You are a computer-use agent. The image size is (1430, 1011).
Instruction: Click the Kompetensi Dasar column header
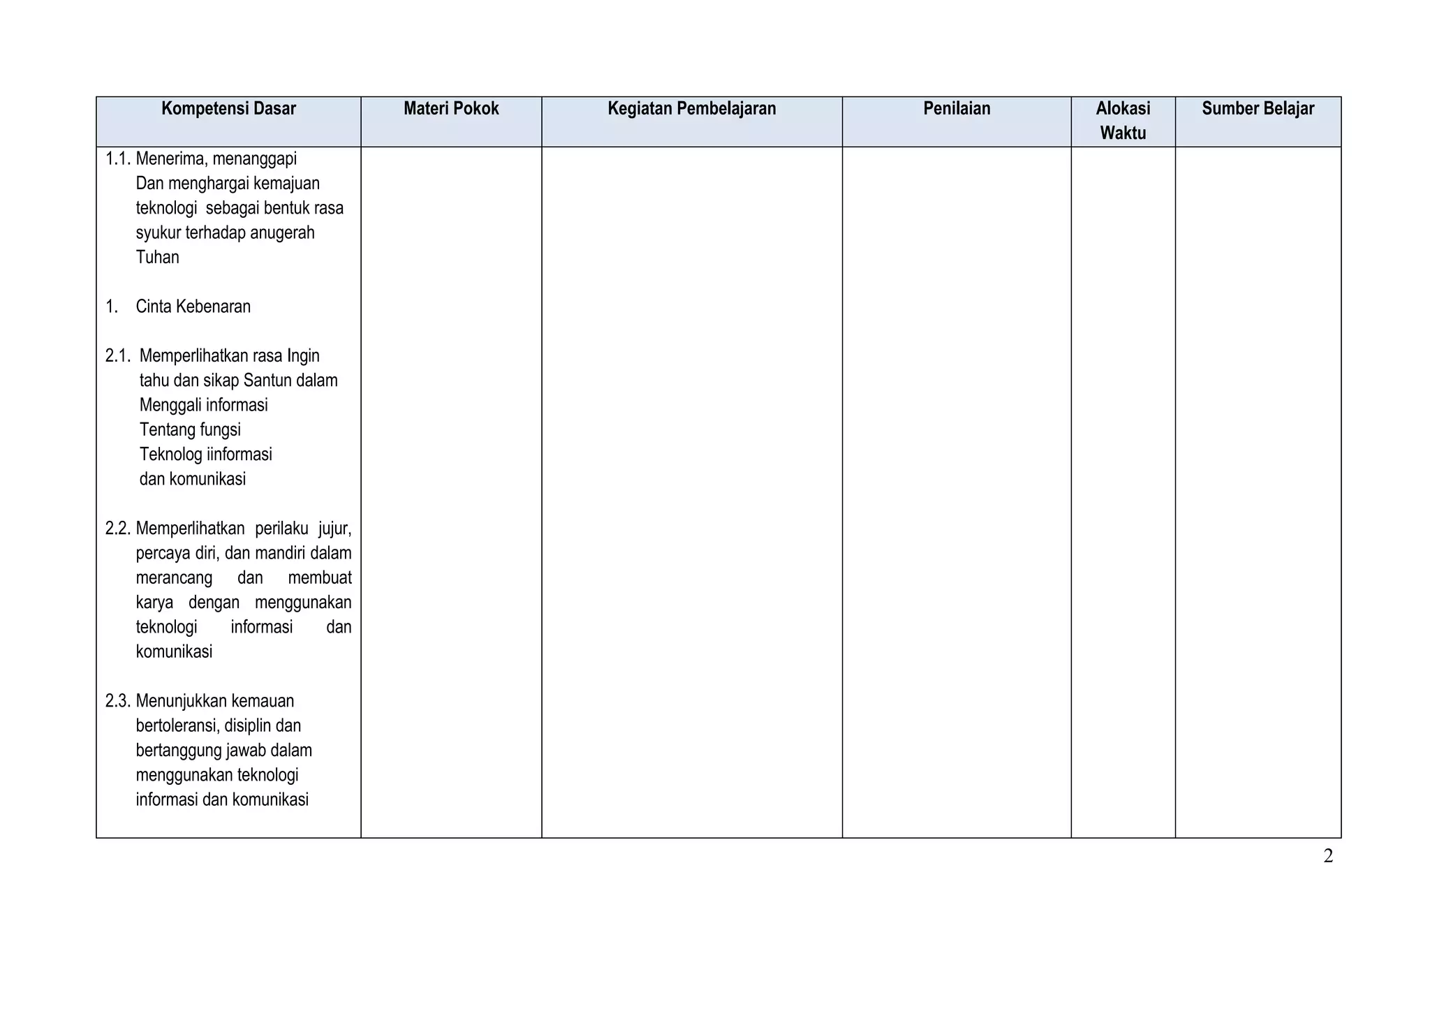pyautogui.click(x=228, y=109)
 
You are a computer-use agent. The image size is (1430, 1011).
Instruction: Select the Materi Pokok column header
pyautogui.click(x=451, y=109)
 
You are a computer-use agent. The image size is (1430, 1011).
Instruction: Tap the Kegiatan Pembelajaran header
pyautogui.click(x=691, y=109)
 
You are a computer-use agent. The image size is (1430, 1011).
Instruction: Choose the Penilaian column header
pyautogui.click(x=957, y=109)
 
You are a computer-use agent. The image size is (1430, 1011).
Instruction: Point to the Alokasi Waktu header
pyautogui.click(x=1123, y=121)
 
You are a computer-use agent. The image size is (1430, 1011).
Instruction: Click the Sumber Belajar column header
pyautogui.click(x=1258, y=109)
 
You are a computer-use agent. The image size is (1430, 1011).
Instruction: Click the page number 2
pyautogui.click(x=1327, y=856)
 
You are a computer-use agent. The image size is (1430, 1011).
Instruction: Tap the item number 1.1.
pyautogui.click(x=118, y=159)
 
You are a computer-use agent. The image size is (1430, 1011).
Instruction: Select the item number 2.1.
pyautogui.click(x=118, y=356)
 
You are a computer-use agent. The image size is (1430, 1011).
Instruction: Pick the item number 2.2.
pyautogui.click(x=118, y=529)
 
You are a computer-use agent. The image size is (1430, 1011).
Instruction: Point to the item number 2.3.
pyautogui.click(x=118, y=701)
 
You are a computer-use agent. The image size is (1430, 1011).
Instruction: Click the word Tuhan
pyautogui.click(x=157, y=258)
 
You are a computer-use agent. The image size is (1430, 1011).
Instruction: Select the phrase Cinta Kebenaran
pyautogui.click(x=193, y=307)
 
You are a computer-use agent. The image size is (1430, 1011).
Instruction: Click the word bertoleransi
pyautogui.click(x=177, y=726)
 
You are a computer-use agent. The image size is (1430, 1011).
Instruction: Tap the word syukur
pyautogui.click(x=157, y=233)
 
